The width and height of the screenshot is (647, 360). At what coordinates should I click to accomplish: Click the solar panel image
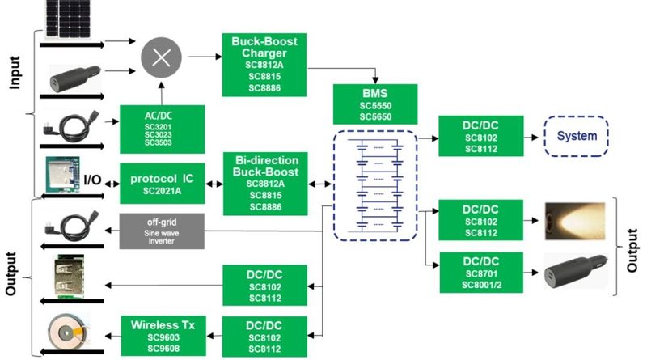pos(69,18)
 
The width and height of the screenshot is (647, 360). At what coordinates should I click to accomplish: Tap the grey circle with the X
pos(163,58)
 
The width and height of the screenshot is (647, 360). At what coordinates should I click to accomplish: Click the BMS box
pos(375,103)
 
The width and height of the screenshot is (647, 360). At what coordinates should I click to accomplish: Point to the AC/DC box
pos(159,129)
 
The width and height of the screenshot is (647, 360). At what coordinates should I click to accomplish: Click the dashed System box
pos(574,136)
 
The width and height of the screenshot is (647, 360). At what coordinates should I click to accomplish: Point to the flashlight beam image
pos(574,218)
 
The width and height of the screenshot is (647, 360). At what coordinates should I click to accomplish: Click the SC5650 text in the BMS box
pos(375,116)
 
